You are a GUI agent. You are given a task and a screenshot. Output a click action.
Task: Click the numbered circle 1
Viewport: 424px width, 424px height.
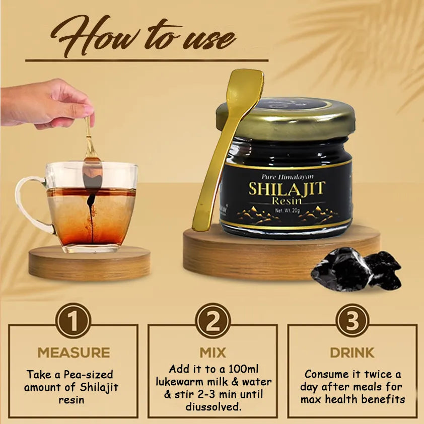point(73,320)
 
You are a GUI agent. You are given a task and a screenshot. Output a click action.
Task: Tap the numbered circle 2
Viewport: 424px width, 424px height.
point(213,320)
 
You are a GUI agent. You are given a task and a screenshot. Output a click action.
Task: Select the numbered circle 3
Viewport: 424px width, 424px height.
point(352,320)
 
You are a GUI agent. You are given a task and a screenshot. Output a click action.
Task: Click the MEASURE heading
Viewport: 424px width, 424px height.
point(74,352)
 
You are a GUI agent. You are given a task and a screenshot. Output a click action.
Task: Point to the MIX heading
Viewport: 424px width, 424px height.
point(213,352)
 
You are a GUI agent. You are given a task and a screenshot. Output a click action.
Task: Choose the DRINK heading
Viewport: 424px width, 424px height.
point(352,352)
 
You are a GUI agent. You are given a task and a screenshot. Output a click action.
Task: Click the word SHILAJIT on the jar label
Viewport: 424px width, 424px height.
point(287,189)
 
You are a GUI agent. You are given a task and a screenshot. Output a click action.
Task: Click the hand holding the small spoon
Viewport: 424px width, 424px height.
point(45,103)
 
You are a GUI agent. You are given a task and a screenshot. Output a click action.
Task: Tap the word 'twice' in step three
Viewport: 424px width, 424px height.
point(374,374)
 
